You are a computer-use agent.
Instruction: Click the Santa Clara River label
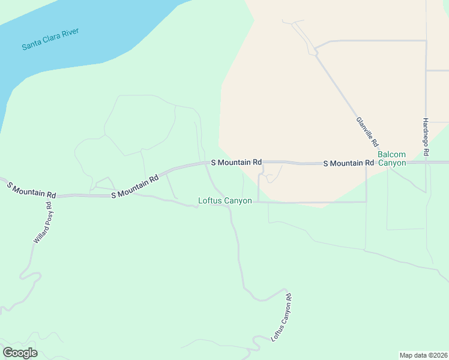(x=50, y=39)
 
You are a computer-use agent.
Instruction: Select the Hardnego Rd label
(x=426, y=137)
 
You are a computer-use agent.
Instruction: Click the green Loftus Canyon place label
(x=225, y=200)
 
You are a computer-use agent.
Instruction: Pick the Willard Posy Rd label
(x=42, y=222)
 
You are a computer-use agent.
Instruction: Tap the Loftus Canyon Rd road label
(x=282, y=317)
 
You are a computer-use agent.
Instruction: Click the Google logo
(x=20, y=353)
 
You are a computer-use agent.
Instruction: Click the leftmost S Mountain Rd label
(x=31, y=190)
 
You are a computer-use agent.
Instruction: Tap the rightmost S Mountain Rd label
(x=348, y=163)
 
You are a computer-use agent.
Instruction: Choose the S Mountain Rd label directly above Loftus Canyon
(x=237, y=162)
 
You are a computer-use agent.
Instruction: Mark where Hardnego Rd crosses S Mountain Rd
(x=426, y=163)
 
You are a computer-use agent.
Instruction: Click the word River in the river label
(x=70, y=34)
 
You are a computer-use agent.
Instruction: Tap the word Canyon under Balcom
(x=392, y=163)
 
